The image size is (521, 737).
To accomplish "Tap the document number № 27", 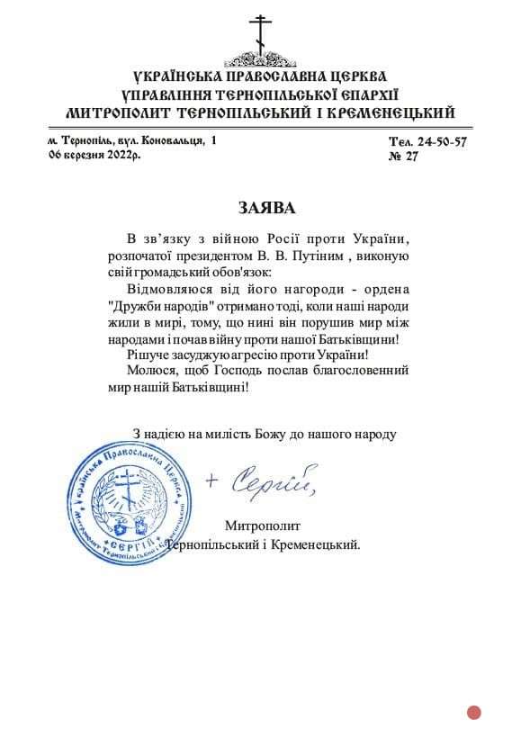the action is click(x=405, y=157).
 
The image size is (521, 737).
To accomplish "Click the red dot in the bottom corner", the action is click(x=474, y=713).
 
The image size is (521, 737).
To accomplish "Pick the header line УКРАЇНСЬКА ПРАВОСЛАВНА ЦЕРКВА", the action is click(x=260, y=76).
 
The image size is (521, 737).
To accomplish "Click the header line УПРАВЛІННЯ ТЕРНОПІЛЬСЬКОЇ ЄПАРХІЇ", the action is click(x=260, y=94).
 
